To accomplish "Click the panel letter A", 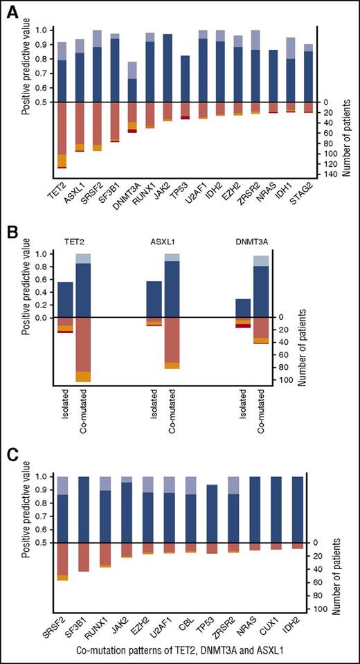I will (x=12, y=12).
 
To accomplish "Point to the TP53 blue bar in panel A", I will (x=185, y=79).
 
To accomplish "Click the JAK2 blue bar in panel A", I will (x=168, y=68).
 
